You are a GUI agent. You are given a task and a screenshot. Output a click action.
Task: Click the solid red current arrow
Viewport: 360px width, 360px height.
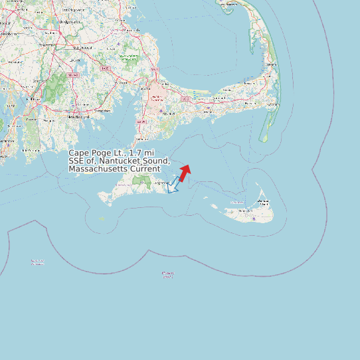[185, 172]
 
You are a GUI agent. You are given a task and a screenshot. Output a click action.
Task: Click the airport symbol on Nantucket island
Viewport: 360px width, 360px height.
[253, 217]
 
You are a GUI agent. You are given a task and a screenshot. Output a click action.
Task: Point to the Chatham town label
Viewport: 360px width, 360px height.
[272, 104]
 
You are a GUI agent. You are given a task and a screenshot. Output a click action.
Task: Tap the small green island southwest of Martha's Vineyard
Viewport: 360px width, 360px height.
[102, 218]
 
